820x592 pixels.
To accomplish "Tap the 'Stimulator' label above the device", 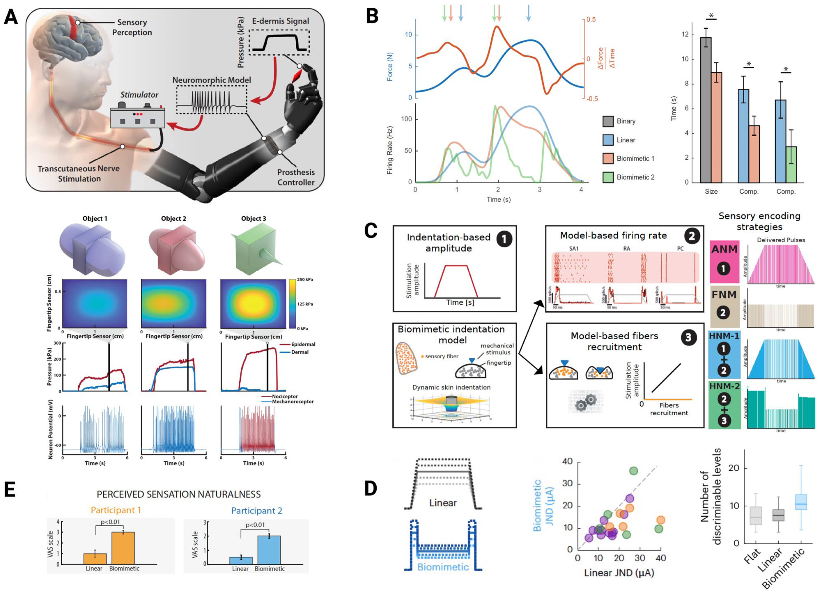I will pyautogui.click(x=139, y=95).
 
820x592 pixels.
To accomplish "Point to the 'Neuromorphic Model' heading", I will pyautogui.click(x=212, y=80).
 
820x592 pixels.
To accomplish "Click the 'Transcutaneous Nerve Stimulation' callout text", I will pyautogui.click(x=79, y=173).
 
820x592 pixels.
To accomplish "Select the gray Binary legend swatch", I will pyautogui.click(x=608, y=121).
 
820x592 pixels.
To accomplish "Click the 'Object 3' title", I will pyautogui.click(x=253, y=219).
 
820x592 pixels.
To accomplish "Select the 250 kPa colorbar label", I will pyautogui.click(x=305, y=279).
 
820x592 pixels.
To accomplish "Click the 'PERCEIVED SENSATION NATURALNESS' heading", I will pyautogui.click(x=179, y=494).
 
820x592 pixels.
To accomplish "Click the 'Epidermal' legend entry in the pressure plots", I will pyautogui.click(x=303, y=344).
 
